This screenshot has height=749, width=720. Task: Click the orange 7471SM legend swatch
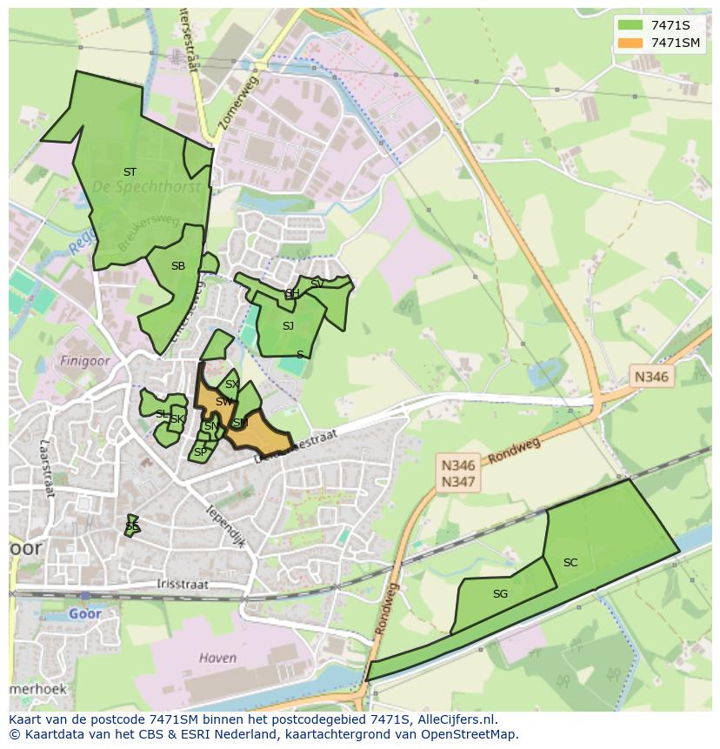[630, 43]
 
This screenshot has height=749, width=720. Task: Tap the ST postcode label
[130, 172]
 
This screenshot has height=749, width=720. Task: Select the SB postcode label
[178, 266]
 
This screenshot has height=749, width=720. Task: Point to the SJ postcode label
[288, 326]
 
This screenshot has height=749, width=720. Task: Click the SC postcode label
[570, 563]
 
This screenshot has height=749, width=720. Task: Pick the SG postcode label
[500, 594]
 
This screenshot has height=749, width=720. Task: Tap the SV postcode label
[317, 284]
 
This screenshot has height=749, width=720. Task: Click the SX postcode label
[231, 385]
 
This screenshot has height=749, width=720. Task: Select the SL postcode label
[162, 414]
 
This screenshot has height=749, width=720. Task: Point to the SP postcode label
[200, 452]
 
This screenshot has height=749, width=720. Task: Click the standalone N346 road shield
[651, 377]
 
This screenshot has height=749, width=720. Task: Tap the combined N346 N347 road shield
[458, 474]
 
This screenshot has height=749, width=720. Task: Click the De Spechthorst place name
[146, 187]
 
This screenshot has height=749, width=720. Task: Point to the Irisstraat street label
[183, 585]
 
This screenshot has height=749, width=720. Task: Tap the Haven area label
[217, 658]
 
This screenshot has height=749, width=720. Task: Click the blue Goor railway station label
[86, 613]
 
